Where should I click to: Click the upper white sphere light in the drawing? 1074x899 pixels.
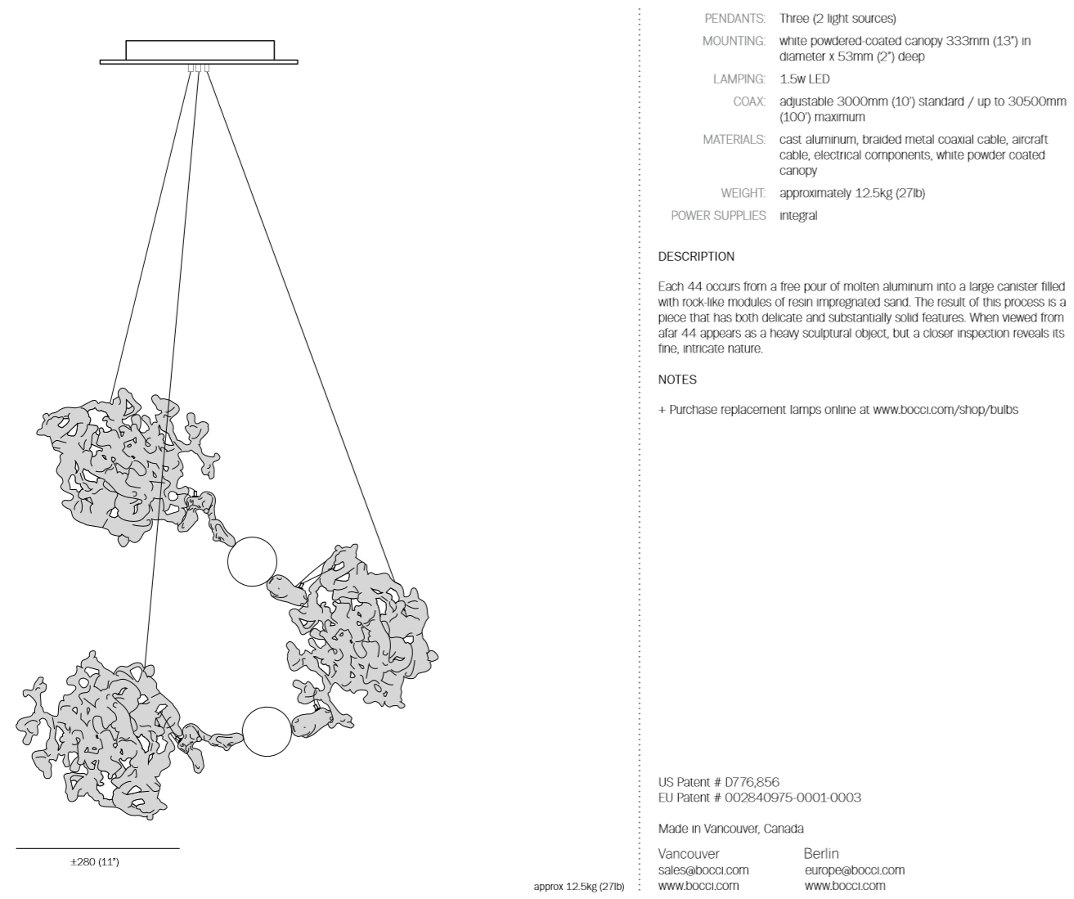[252, 562]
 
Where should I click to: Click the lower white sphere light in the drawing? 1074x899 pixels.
[267, 731]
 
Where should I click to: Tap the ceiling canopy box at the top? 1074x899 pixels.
[199, 50]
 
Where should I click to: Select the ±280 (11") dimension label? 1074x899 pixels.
[94, 862]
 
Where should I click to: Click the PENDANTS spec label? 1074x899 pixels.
[735, 18]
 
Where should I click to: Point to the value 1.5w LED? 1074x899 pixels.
[804, 79]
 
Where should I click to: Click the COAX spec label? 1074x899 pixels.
[749, 101]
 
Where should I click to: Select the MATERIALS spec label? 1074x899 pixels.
[734, 140]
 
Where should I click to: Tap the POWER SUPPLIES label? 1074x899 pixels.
[718, 216]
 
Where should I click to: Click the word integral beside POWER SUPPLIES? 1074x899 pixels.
[798, 216]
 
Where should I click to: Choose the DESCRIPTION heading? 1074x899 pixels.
[696, 257]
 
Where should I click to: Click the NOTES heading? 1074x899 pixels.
[677, 380]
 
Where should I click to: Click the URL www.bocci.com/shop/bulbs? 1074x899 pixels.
[946, 410]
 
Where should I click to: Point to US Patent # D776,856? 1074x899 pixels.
[712, 783]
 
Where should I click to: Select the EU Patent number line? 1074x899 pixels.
[759, 798]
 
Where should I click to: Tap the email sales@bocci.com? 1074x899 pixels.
[703, 870]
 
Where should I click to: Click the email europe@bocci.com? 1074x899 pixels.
[854, 870]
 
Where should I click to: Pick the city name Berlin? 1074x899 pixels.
[821, 854]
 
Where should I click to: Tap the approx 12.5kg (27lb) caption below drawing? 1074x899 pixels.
[578, 887]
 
